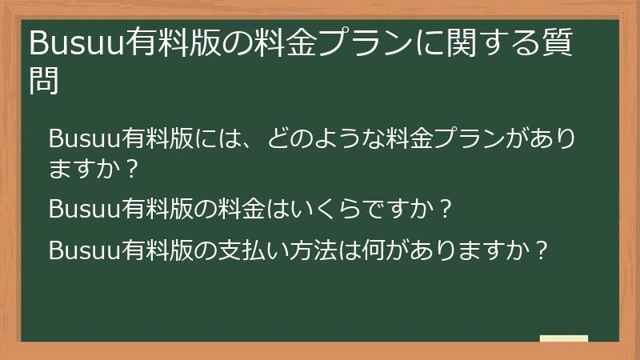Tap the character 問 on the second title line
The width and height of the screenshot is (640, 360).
pyautogui.click(x=44, y=81)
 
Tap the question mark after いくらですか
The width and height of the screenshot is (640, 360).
pyautogui.click(x=447, y=210)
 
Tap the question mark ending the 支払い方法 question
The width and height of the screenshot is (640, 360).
pyautogui.click(x=542, y=250)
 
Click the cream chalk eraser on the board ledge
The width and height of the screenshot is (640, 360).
pyautogui.click(x=564, y=339)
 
